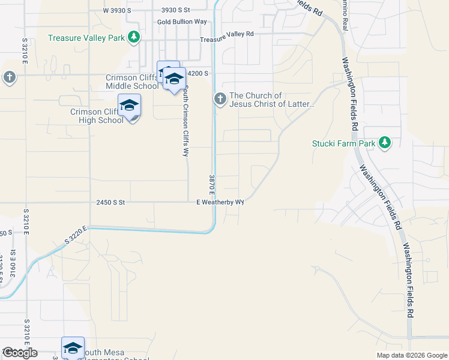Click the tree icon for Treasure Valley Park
pos(134,38)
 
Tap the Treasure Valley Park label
pos(87,38)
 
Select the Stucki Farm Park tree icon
pos(385,143)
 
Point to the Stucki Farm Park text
pos(343,143)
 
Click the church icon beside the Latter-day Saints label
pos(220,99)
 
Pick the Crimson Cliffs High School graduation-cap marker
pos(129,106)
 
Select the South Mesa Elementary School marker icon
pos(73,348)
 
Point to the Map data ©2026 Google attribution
pos(412,355)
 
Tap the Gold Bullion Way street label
pos(182,22)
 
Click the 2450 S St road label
pos(110,203)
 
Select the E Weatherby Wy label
pos(220,202)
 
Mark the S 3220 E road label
pos(76,235)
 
